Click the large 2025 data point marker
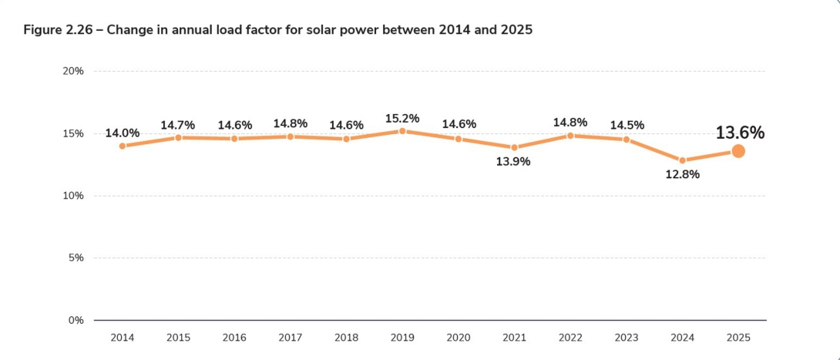point(738,151)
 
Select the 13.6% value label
point(740,133)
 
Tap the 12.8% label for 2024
point(682,175)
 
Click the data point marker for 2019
point(402,131)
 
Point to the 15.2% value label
point(402,118)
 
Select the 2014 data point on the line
point(122,146)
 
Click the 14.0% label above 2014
point(122,133)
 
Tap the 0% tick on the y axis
point(76,320)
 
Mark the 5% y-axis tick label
point(76,257)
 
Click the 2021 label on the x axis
point(514,338)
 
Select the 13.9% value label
point(514,162)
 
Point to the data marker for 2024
point(682,160)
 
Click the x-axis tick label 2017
point(290,338)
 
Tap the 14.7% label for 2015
point(178,125)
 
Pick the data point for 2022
point(570,135)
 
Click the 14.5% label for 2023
point(627,125)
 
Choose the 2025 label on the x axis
point(738,338)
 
